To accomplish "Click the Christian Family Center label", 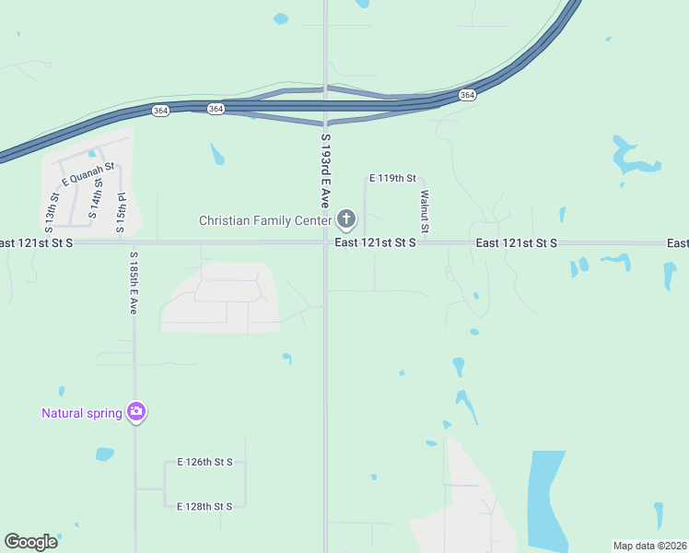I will [266, 220].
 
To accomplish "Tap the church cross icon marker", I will [346, 219].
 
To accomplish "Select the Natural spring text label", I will [81, 413].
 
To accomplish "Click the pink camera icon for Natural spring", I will [136, 411].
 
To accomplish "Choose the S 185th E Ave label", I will [134, 283].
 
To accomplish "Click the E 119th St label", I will [393, 177].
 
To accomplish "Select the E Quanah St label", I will [88, 173].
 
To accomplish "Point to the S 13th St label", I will [52, 212].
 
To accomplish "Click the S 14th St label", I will [95, 200].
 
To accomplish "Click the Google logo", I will [30, 542].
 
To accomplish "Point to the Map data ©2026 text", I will [648, 546].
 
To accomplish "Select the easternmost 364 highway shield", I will [467, 95].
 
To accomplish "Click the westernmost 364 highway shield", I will [160, 110].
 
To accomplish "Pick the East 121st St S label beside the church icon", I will [376, 242].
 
